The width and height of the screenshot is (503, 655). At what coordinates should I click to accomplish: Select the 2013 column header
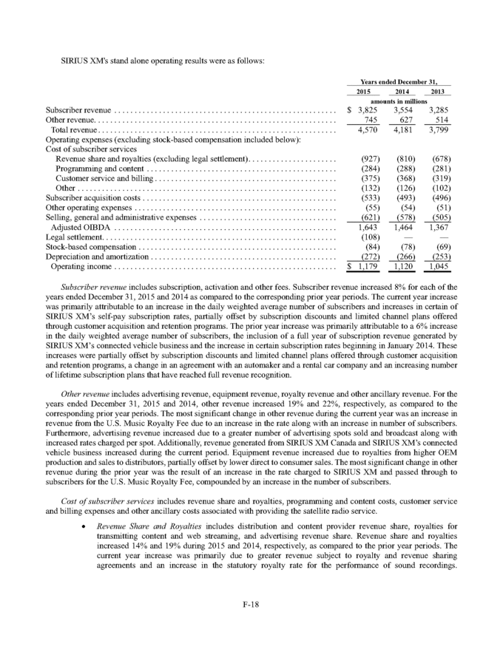coord(439,91)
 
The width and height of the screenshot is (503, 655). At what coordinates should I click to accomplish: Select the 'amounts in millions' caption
coord(399,101)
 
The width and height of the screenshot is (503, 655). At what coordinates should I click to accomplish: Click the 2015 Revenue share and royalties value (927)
coord(364,159)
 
